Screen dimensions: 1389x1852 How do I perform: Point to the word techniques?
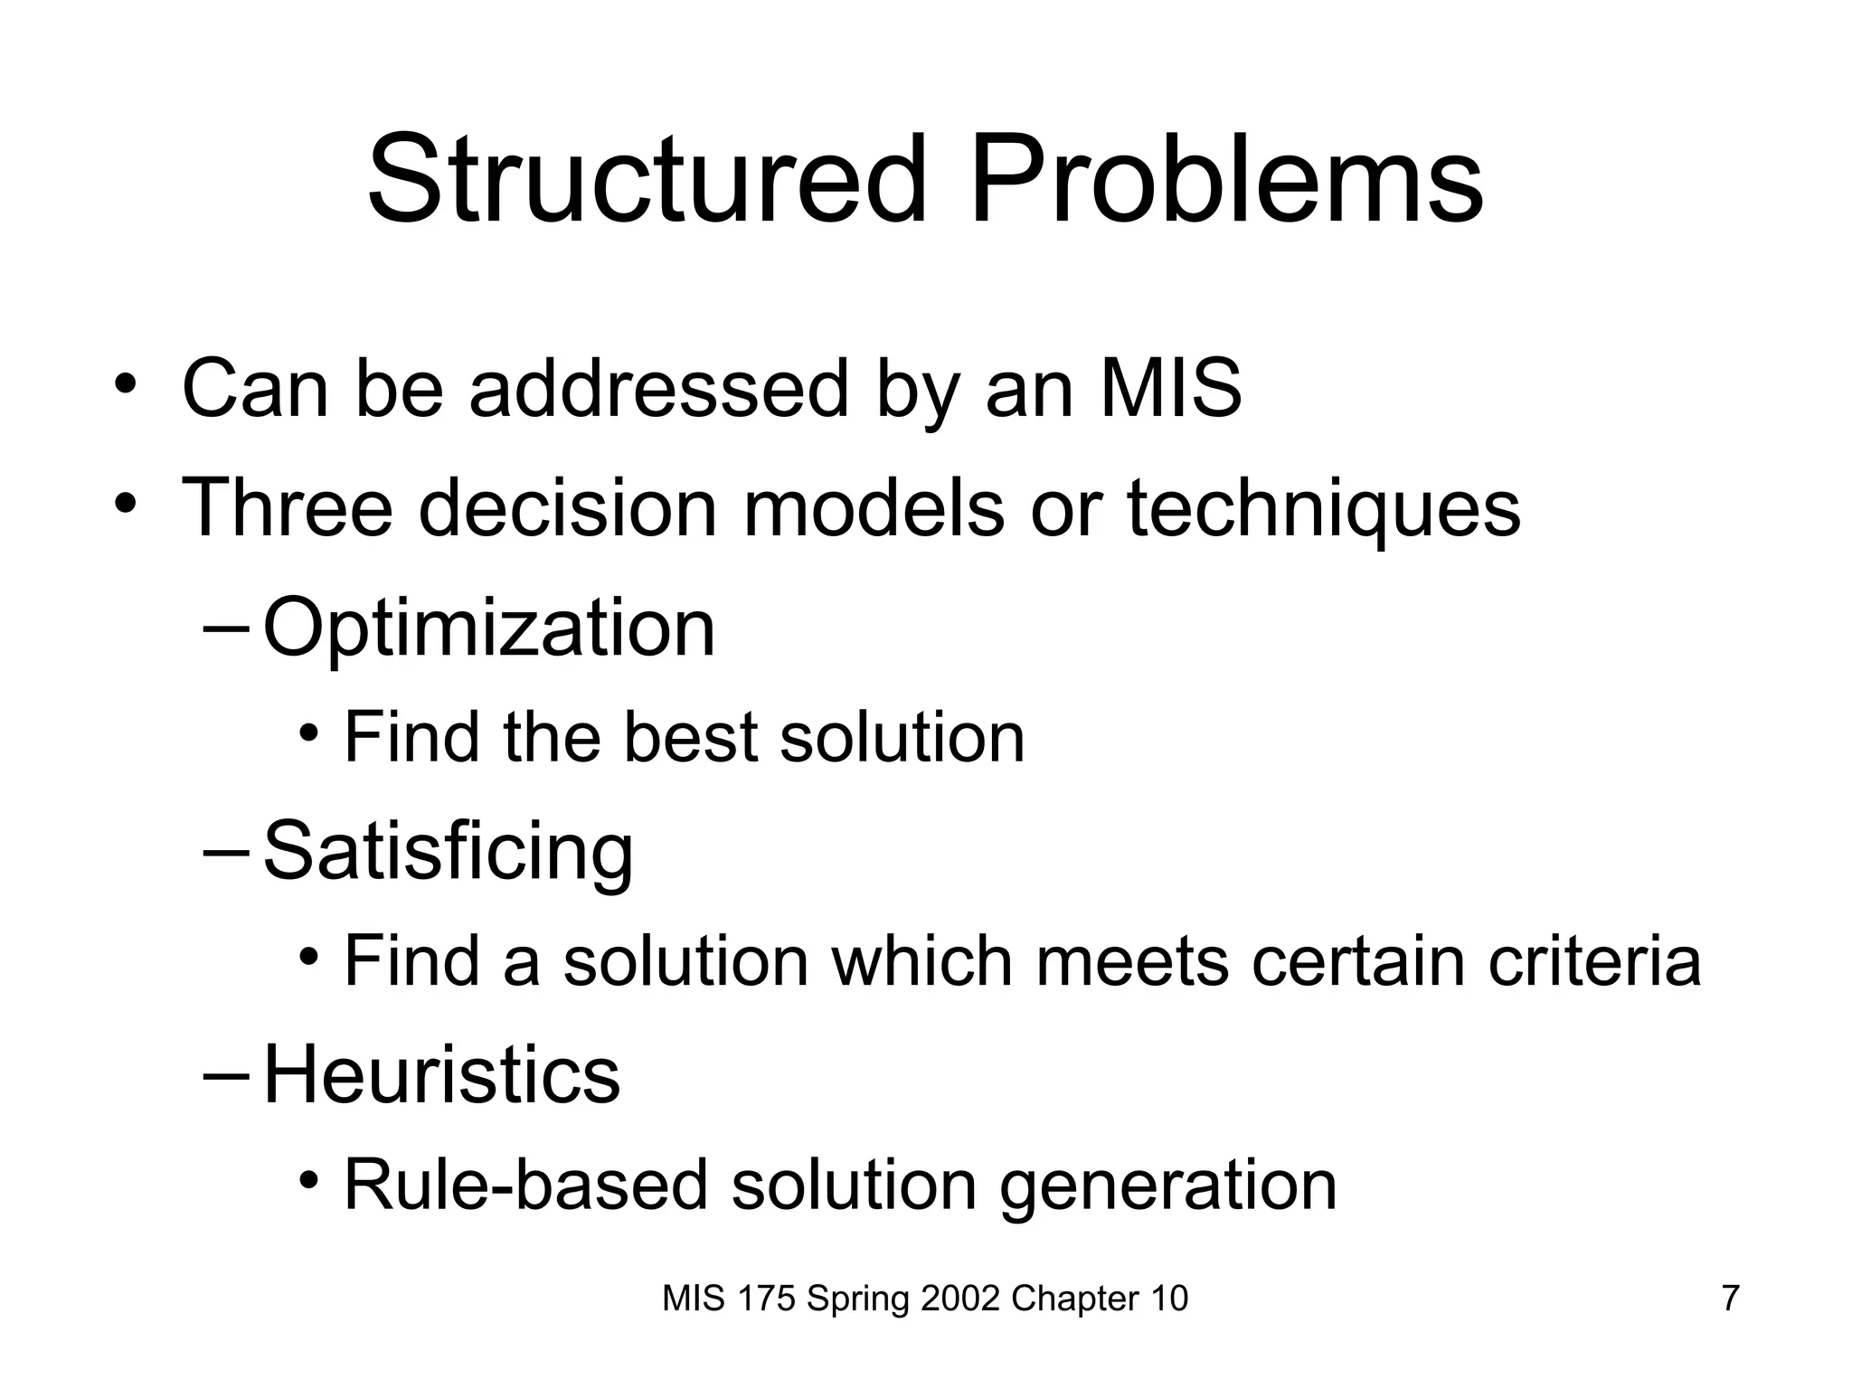[1323, 509]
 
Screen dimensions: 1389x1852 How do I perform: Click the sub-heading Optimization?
[488, 628]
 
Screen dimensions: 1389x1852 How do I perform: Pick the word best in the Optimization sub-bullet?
[690, 737]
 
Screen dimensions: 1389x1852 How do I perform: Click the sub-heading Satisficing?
[448, 852]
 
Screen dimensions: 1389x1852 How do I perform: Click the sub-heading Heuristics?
[441, 1075]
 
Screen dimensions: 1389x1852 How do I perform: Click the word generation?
[1167, 1186]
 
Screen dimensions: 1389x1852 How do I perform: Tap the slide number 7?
[1730, 1299]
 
